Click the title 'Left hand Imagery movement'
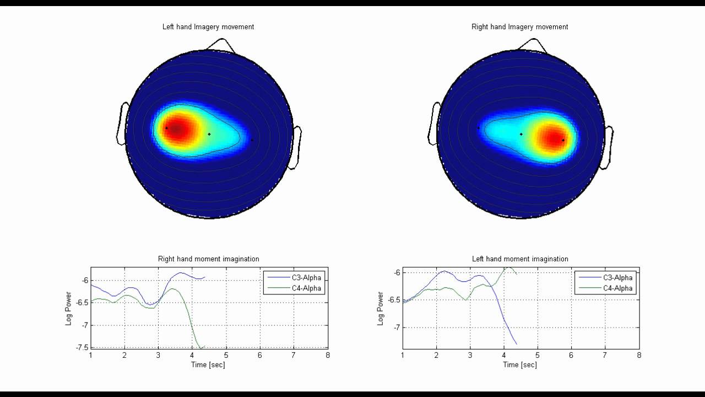click(x=208, y=26)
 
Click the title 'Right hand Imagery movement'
click(x=520, y=26)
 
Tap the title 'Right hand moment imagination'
click(x=208, y=259)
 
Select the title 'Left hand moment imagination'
click(x=520, y=259)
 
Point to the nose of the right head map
click(x=535, y=45)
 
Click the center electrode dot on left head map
click(x=209, y=134)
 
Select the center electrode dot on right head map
click(x=521, y=134)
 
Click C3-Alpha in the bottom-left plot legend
click(x=307, y=277)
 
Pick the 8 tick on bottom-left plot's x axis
click(x=328, y=355)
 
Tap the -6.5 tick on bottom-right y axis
click(x=393, y=300)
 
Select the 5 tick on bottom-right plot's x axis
click(x=538, y=356)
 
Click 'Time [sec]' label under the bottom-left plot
click(x=208, y=364)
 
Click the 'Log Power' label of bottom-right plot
click(x=381, y=309)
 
